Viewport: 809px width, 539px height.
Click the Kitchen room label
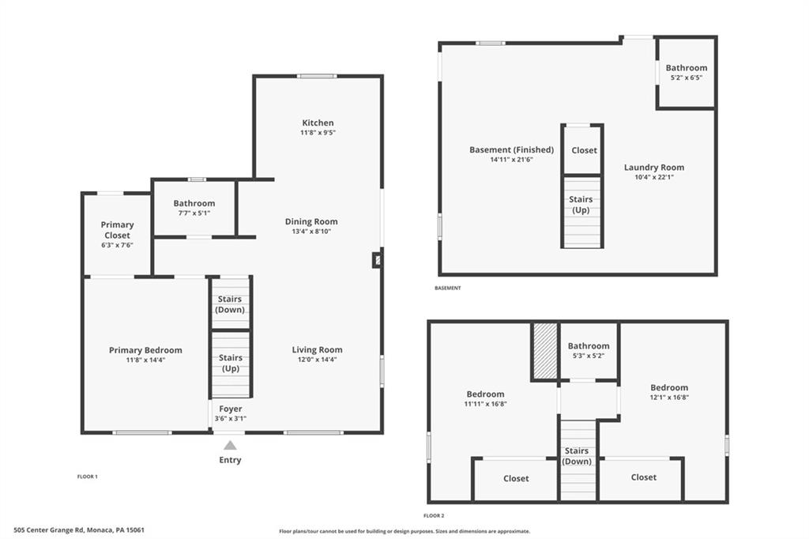point(318,122)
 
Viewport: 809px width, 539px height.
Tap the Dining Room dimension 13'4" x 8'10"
point(311,232)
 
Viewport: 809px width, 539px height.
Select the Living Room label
point(317,349)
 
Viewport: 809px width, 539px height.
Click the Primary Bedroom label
point(145,350)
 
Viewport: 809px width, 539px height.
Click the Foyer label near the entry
point(231,409)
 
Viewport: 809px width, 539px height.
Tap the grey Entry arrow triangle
point(230,445)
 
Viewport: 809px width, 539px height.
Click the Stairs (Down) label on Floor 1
point(230,304)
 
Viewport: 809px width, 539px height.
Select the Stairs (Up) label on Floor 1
point(230,363)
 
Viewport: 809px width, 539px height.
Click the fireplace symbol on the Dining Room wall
point(378,259)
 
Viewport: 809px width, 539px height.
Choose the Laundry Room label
point(654,167)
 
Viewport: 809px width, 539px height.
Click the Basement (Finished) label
point(511,149)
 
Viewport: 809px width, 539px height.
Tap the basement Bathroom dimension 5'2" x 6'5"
point(686,77)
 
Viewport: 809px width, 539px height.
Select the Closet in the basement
point(584,150)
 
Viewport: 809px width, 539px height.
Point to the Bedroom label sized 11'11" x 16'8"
point(485,394)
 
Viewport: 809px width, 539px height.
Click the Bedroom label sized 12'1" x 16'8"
point(669,387)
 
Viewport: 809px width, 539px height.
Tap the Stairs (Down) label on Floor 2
point(578,456)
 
